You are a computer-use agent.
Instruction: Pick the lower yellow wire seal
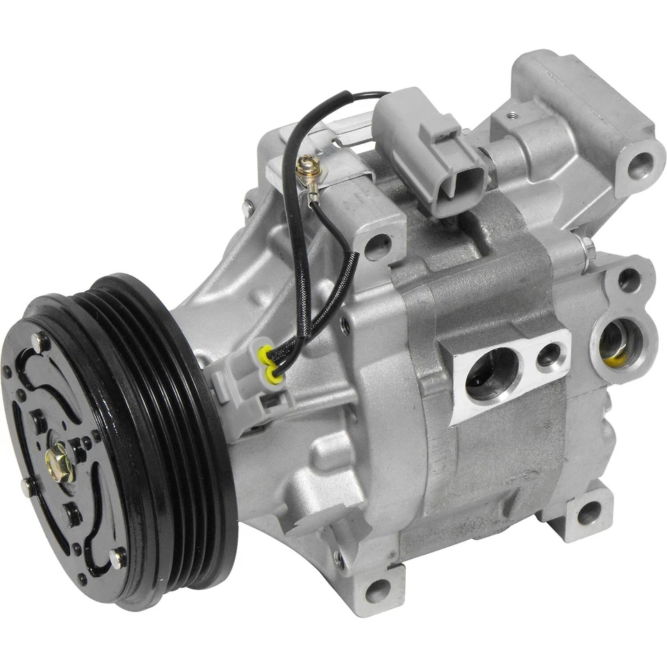point(276,378)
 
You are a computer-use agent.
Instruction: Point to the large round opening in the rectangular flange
point(491,375)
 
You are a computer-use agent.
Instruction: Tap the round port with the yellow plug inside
point(615,343)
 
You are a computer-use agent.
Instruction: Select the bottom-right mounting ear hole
point(588,513)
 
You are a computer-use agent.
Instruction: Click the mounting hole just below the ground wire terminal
point(377,244)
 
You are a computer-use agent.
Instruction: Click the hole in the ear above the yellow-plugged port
point(628,280)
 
